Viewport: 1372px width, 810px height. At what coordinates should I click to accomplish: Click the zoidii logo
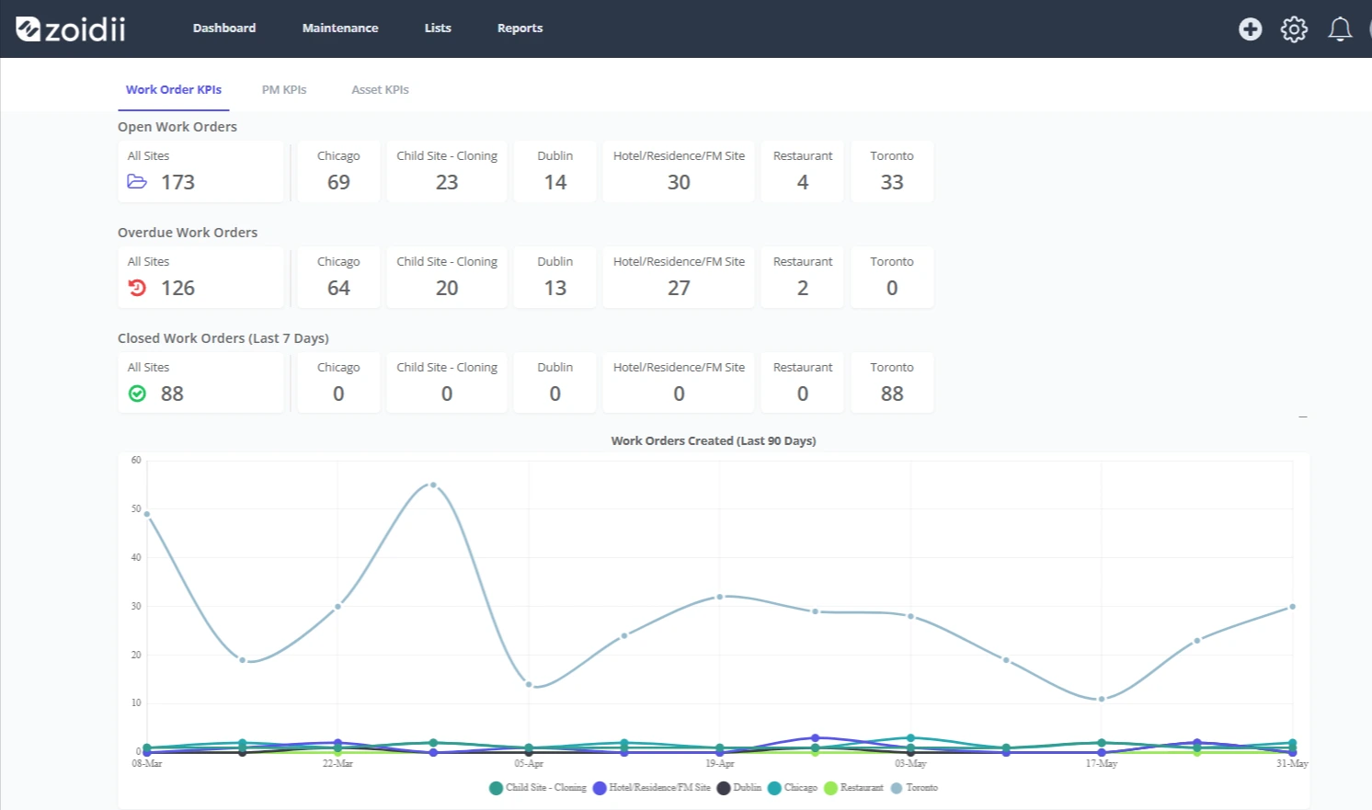coord(71,29)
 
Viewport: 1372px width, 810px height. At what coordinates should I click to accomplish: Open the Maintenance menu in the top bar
coord(340,29)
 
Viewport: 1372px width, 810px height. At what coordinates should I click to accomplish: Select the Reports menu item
coord(520,29)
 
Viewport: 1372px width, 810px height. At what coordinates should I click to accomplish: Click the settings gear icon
coord(1294,29)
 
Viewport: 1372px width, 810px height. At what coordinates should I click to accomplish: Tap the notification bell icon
coord(1340,29)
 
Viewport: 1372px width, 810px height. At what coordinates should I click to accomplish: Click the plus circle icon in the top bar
coord(1250,29)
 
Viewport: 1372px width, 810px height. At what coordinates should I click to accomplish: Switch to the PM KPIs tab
coord(284,89)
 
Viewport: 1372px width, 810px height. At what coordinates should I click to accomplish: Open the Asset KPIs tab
coord(380,89)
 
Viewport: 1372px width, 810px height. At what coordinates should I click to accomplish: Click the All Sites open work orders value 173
coord(177,182)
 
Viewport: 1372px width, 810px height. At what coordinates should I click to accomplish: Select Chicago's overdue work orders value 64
coord(338,288)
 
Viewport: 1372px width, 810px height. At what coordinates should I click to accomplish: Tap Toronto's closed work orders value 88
coord(892,394)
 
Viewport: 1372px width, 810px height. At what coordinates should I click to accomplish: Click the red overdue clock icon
coord(137,288)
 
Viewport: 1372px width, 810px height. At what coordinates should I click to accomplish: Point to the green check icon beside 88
coord(137,394)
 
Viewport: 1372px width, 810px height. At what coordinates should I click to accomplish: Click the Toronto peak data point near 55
coord(433,485)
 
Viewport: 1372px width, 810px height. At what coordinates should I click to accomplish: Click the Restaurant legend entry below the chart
coord(854,788)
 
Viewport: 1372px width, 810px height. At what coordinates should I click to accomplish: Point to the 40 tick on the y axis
coord(136,557)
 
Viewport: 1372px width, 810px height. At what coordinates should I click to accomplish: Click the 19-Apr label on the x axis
coord(720,763)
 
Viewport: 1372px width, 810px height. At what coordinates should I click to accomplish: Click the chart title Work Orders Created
coord(714,440)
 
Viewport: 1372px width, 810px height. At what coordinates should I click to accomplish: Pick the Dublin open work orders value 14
coord(555,182)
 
